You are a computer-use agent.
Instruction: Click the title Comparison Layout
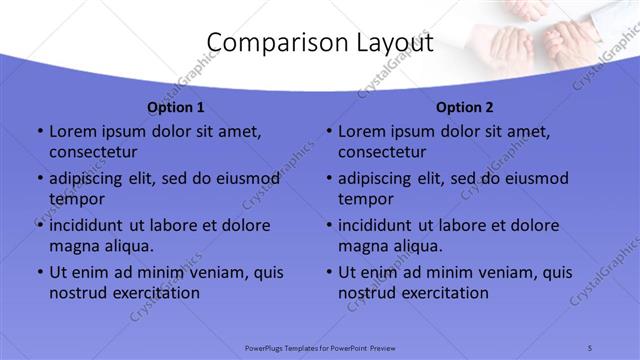pos(320,43)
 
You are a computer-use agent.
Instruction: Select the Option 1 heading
pos(175,107)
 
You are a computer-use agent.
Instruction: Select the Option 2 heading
pos(464,107)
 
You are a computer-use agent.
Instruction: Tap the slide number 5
pos(590,347)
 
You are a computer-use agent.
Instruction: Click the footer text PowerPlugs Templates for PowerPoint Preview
pos(320,347)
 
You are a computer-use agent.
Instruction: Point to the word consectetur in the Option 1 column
pos(93,152)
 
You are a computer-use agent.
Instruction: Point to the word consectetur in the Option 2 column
pos(382,152)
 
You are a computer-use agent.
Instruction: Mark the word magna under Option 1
pos(73,246)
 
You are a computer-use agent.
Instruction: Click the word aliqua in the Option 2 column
pos(419,246)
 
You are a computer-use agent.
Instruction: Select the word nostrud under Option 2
pos(367,293)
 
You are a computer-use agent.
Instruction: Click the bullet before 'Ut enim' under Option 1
pos(39,272)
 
